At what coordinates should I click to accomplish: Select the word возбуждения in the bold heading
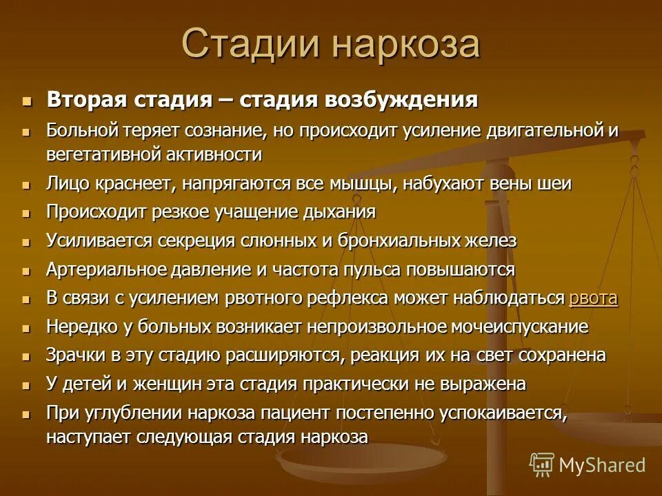click(401, 99)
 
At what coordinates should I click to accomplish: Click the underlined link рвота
click(593, 298)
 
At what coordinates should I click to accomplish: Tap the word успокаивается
click(496, 413)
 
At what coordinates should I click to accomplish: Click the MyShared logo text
click(602, 465)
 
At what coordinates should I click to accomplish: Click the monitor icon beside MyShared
click(542, 465)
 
